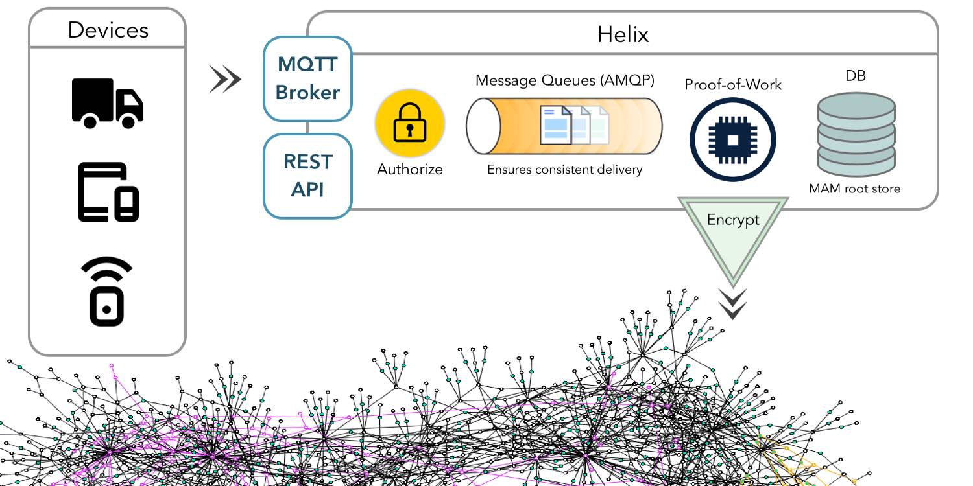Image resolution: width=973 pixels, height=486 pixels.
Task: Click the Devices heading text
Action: (108, 30)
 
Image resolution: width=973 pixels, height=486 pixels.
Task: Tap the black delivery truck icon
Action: (107, 102)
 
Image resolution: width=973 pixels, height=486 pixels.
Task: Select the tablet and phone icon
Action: (108, 192)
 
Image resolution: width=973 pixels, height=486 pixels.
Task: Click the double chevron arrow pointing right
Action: (224, 80)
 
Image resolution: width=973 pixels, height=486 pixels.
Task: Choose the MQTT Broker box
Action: (307, 78)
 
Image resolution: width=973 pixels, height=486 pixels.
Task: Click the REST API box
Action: (307, 176)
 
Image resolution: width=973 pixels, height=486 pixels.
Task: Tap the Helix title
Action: (622, 34)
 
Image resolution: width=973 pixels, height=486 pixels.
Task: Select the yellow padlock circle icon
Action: (410, 124)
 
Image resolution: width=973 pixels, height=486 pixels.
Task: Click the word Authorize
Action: (410, 170)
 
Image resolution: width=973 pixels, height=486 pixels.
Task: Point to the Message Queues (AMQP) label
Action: (564, 80)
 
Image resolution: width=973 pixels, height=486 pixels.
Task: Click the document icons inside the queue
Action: (575, 126)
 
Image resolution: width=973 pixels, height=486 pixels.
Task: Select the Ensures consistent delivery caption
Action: (564, 170)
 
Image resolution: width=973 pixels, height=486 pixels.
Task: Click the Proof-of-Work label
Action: (733, 85)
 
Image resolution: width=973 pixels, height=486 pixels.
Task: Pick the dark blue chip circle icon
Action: (732, 139)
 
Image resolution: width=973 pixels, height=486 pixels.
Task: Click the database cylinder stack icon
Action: (856, 134)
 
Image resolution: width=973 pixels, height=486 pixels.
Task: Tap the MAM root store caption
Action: (854, 189)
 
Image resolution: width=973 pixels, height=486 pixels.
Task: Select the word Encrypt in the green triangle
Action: (733, 220)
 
